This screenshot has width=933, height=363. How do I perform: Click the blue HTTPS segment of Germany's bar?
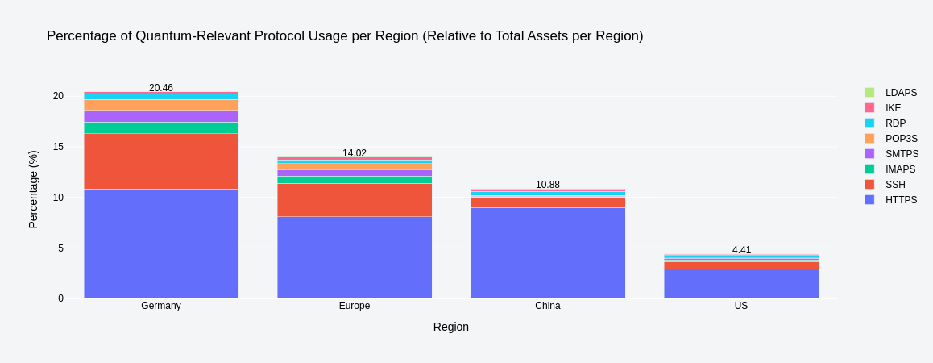161,244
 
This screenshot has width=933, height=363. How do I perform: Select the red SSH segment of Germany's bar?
161,161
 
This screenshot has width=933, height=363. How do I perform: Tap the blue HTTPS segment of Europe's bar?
355,257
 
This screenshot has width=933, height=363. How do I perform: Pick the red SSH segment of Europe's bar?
355,200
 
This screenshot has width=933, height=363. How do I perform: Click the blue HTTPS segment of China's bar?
548,253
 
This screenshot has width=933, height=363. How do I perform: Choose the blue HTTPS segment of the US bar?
741,284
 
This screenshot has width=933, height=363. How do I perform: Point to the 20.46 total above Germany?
161,88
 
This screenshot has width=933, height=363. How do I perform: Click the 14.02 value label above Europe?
355,153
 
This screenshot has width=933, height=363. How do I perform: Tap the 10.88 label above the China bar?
548,185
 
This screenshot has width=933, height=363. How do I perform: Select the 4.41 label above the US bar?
741,250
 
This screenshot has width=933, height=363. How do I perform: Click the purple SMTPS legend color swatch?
869,154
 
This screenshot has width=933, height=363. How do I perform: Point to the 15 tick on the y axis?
58,147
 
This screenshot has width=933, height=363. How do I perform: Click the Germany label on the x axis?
161,306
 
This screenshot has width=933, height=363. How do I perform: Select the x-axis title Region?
450,327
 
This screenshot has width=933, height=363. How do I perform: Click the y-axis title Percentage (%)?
33,190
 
